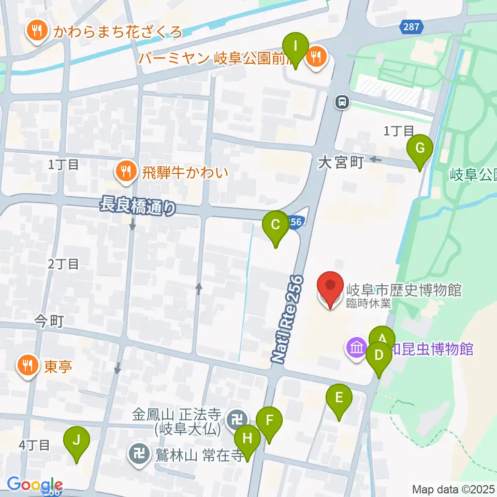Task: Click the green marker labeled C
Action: coord(275,225)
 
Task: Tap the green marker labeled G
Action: coord(420,149)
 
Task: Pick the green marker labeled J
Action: coord(77,442)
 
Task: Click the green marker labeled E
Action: coord(339,399)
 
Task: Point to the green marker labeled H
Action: coord(247,440)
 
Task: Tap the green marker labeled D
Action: coord(379,356)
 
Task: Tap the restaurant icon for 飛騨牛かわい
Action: coord(125,171)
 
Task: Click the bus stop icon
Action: coord(342,103)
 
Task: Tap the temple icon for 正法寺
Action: coord(239,416)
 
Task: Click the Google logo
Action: coord(34,485)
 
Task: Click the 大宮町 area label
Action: coord(341,163)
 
